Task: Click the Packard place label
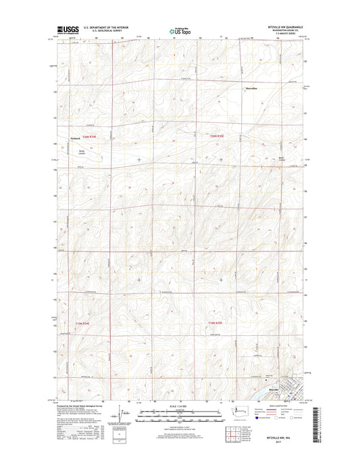tap(76, 139)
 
